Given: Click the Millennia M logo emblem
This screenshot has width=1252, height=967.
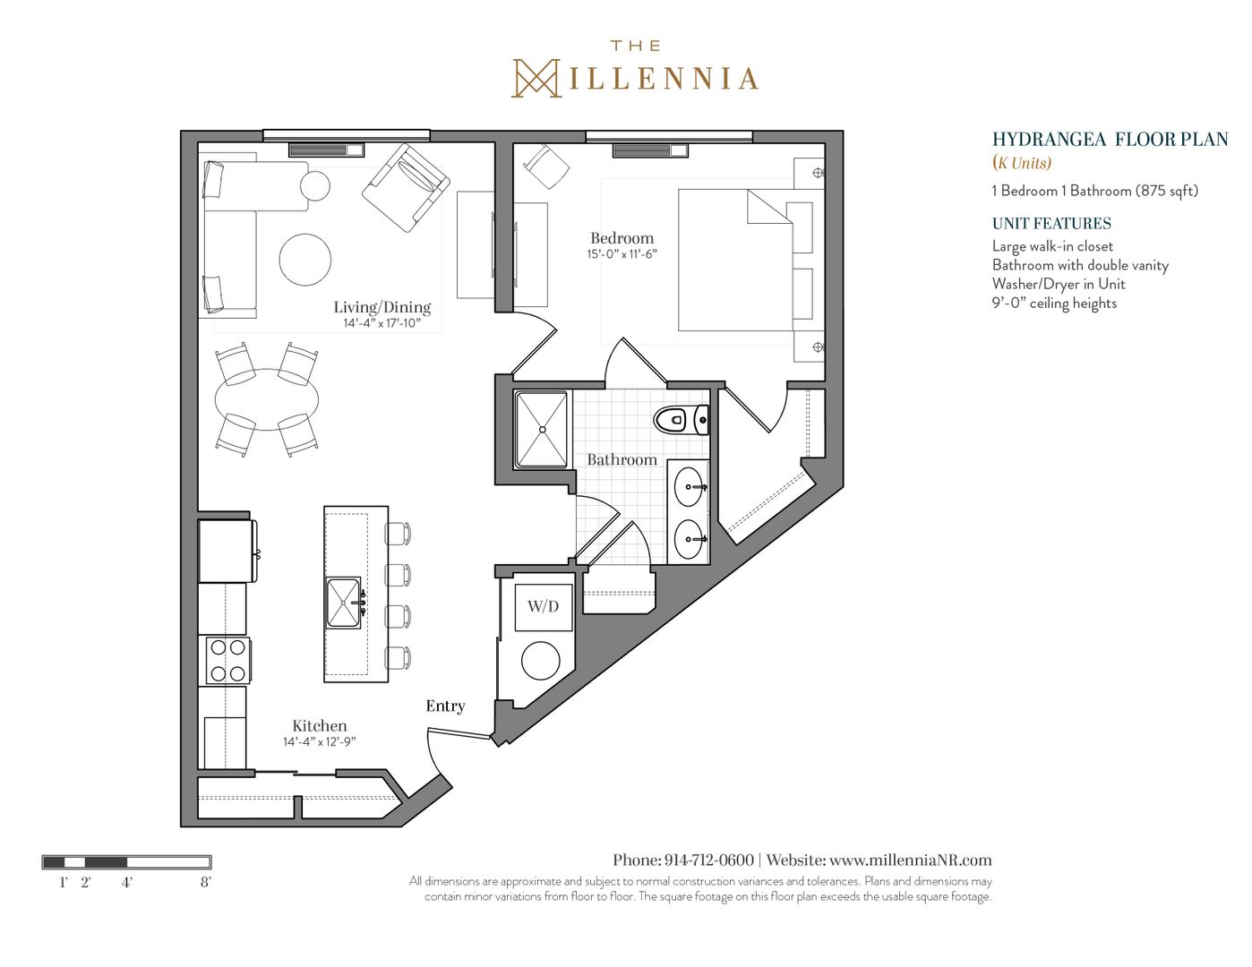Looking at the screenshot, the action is click(x=536, y=78).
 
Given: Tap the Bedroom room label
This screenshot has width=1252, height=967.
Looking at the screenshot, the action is click(x=622, y=238).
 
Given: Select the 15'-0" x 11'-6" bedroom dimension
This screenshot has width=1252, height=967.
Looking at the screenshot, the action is click(x=622, y=254).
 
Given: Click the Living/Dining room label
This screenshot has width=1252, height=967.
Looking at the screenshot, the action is click(x=382, y=307).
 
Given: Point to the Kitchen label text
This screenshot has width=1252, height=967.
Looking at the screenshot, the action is click(x=319, y=725).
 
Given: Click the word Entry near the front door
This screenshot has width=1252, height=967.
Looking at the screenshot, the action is click(x=445, y=706).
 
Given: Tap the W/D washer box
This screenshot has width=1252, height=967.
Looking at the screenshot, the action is click(x=544, y=607).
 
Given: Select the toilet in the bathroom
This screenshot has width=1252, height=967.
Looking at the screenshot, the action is click(x=681, y=419).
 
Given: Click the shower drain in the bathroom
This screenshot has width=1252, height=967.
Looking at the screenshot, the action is click(x=542, y=430).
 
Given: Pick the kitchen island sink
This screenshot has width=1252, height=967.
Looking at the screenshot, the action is click(x=344, y=603).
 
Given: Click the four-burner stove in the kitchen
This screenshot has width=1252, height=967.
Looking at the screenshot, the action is click(x=227, y=661).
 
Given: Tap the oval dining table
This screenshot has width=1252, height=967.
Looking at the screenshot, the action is click(x=267, y=399).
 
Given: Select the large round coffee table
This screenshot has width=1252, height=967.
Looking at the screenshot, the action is click(x=305, y=259).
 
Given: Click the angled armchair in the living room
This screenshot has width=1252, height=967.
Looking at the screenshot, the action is click(x=407, y=188).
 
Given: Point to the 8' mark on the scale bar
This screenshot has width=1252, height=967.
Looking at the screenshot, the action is click(x=206, y=882).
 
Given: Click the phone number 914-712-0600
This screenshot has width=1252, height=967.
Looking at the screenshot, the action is click(x=709, y=860).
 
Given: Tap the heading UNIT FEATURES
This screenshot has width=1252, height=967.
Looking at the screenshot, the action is click(x=1051, y=224).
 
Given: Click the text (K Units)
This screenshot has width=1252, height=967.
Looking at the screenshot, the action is click(x=1022, y=163).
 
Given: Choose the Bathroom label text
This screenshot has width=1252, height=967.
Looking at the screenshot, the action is click(x=622, y=459).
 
